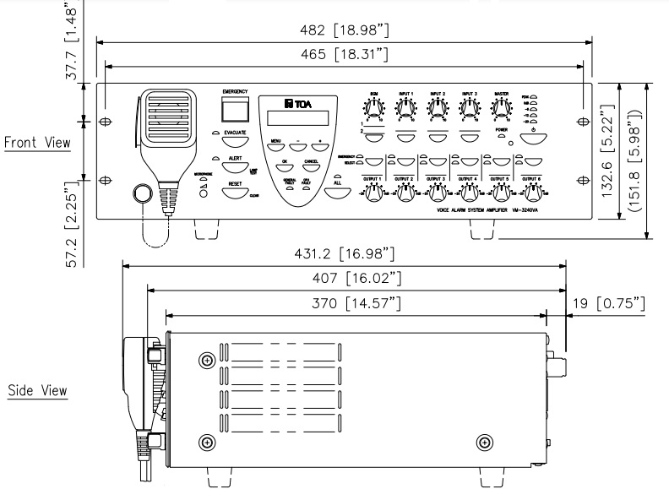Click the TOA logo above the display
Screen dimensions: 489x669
[295, 104]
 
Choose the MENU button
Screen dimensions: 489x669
[276, 149]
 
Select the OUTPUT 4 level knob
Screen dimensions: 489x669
[466, 193]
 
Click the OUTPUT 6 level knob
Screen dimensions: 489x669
[530, 193]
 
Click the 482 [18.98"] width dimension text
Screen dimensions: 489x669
[345, 31]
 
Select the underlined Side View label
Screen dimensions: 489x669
[37, 390]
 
